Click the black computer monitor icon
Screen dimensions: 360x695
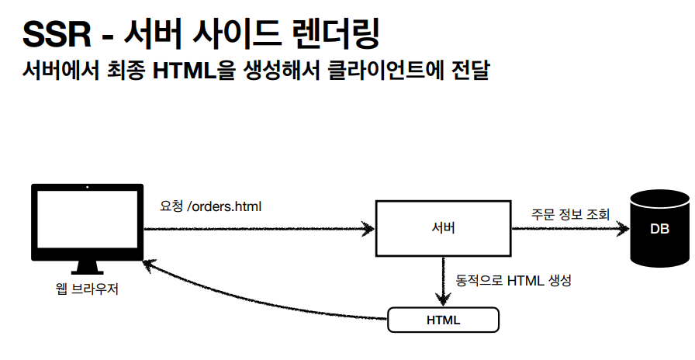[x=87, y=223]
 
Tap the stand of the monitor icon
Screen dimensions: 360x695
[x=87, y=268]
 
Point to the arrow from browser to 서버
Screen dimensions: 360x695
[x=256, y=229]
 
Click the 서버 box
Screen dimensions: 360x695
[x=443, y=229]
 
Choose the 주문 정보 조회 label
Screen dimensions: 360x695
[x=570, y=213]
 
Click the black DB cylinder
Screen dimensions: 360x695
[x=659, y=229]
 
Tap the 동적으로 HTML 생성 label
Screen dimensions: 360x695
[x=513, y=280]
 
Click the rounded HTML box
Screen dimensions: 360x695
[x=443, y=320]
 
